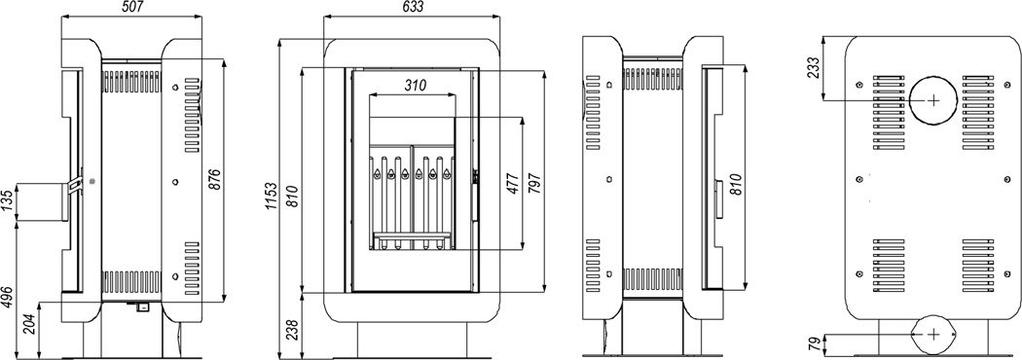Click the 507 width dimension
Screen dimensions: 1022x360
point(143,7)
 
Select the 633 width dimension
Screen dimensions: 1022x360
point(412,7)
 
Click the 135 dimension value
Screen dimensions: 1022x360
point(7,202)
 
